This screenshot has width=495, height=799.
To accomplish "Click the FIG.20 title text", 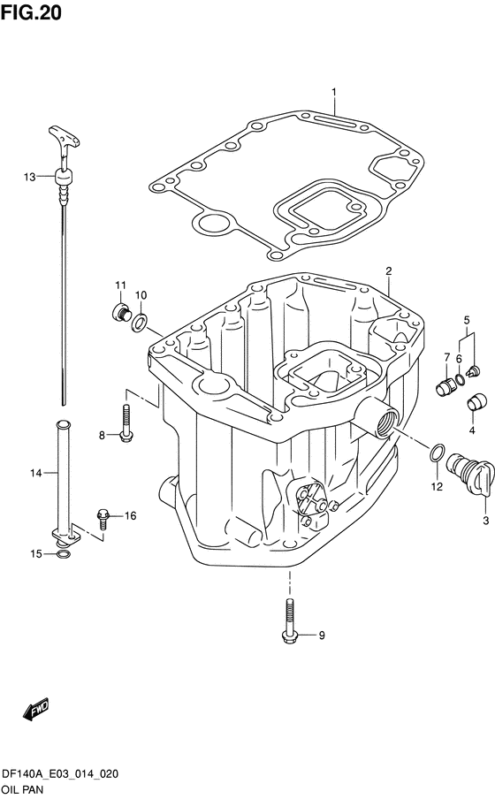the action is click(31, 12).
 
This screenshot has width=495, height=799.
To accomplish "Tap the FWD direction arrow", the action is click(35, 707).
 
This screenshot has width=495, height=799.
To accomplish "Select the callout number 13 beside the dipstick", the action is click(29, 177).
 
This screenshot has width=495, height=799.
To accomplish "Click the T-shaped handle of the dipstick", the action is click(65, 138).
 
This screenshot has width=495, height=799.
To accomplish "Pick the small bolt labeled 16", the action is click(103, 518).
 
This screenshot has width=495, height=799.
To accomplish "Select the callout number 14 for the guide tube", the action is click(35, 474).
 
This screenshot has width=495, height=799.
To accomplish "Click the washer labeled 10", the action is click(140, 322).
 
